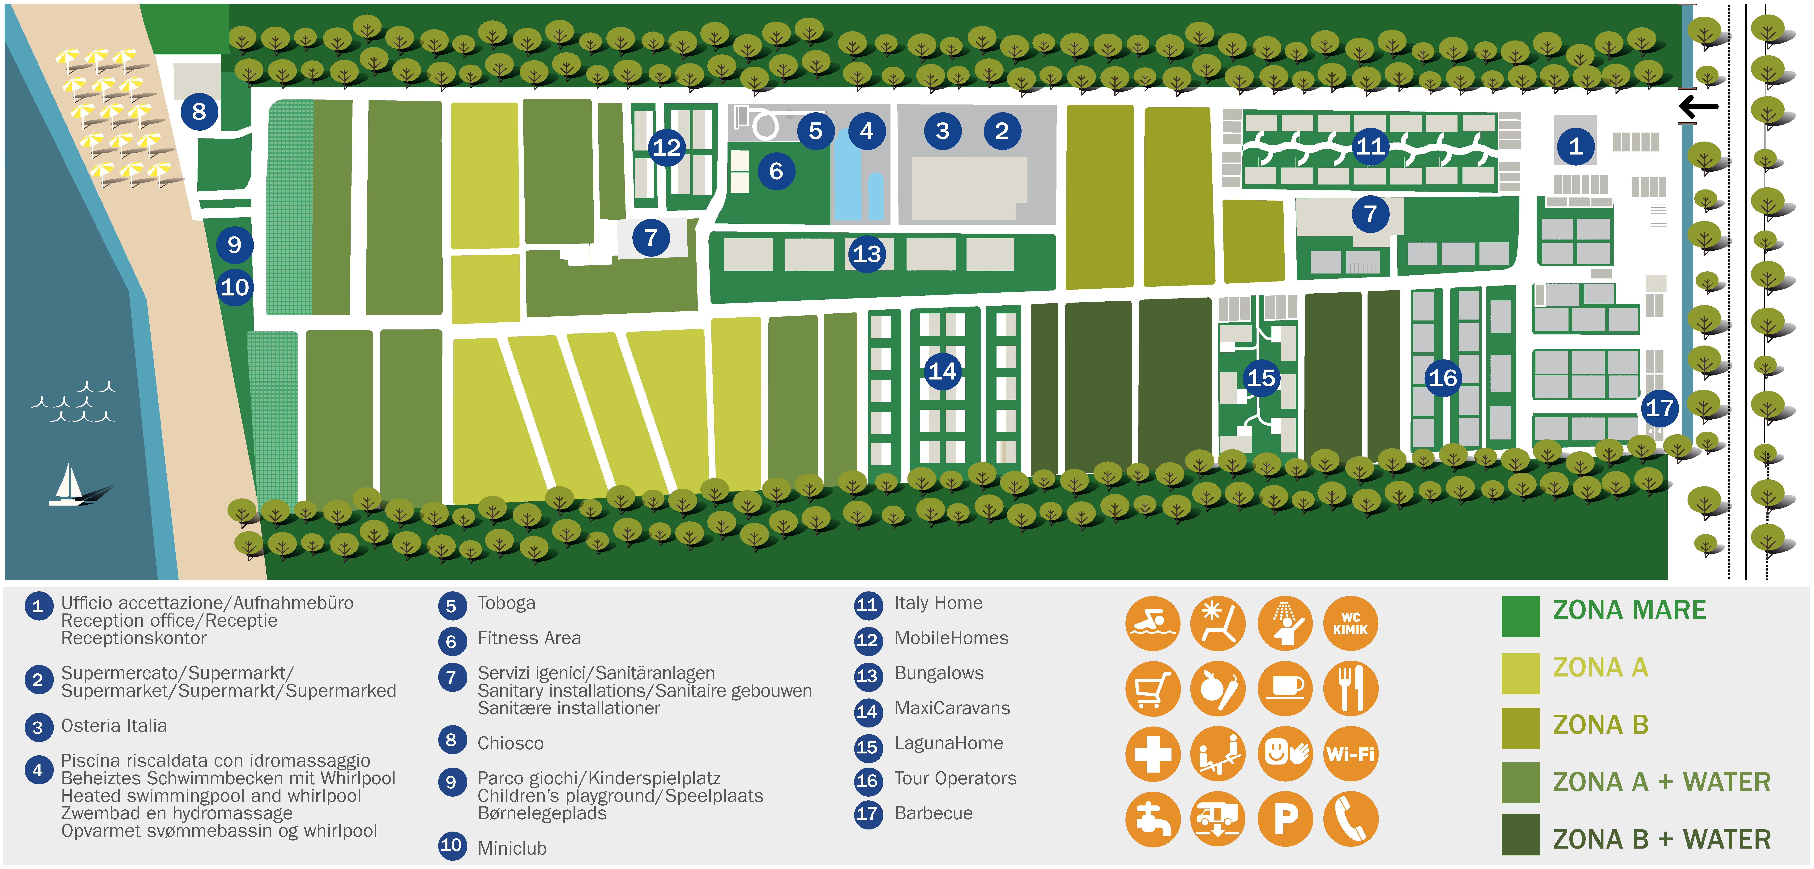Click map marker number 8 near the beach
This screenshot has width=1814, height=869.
tap(199, 111)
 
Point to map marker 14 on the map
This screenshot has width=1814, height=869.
tap(942, 371)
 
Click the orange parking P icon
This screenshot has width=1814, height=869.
tap(1285, 819)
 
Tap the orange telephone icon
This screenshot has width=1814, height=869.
tap(1351, 819)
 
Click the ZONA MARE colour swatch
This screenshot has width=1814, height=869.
tap(1520, 616)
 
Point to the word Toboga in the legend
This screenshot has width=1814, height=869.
tap(506, 604)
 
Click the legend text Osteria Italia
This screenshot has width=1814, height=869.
tap(114, 726)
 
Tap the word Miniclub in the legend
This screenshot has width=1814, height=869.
tap(512, 849)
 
